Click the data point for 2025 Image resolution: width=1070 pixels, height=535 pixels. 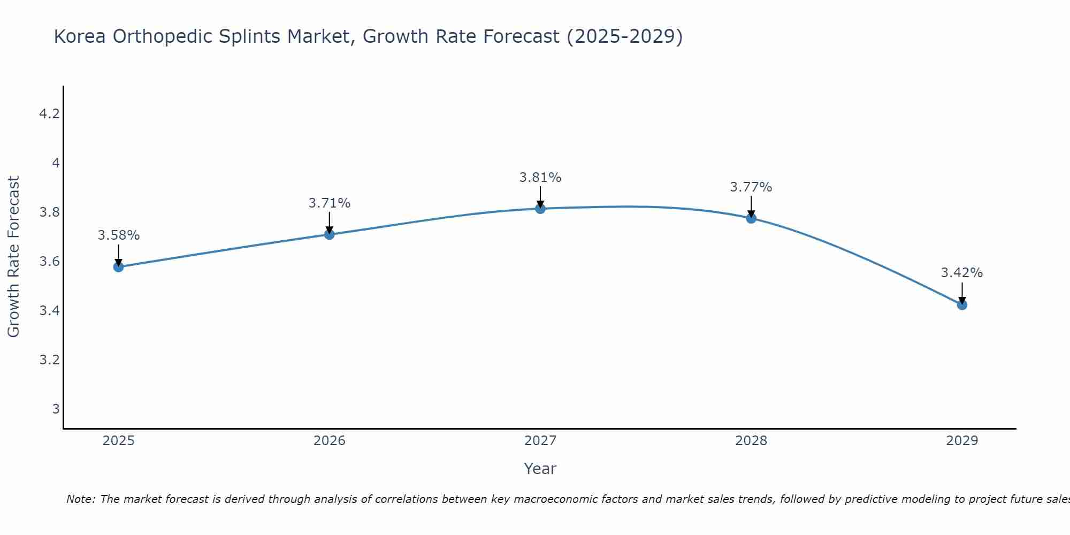point(119,266)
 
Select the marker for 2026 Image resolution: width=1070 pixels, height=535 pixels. point(330,234)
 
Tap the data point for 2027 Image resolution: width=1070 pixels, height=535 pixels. point(540,209)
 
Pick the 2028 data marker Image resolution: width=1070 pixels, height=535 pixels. point(751,218)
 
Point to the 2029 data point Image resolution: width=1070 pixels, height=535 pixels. point(962,305)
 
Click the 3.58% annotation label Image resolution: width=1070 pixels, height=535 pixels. point(119,235)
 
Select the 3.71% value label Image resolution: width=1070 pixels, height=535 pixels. point(330,203)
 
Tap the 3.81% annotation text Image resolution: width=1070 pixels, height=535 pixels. point(540,178)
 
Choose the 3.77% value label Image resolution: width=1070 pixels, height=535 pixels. point(751,187)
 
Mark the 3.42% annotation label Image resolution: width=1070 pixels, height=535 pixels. point(962,273)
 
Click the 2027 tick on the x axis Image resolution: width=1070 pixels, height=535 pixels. point(540,441)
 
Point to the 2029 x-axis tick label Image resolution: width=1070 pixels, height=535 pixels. point(962,441)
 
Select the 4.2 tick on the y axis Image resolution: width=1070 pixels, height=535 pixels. point(49,114)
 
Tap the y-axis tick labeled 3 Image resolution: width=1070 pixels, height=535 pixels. point(56,409)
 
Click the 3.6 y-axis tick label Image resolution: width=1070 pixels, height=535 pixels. point(49,262)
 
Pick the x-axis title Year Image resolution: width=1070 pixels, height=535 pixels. point(540,469)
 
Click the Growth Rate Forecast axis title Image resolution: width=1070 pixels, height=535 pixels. point(14,257)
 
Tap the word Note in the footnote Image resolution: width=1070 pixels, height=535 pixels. point(80,499)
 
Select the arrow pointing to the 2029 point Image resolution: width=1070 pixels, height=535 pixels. point(962,293)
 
